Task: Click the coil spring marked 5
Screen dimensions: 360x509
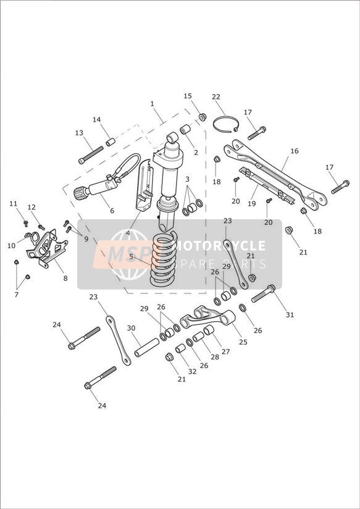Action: (x=163, y=259)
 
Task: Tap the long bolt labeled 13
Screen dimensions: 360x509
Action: (x=91, y=155)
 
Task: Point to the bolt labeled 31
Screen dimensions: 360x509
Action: (x=263, y=293)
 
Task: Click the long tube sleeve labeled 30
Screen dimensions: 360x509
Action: (x=147, y=347)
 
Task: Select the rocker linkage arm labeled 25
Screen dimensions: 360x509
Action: (x=207, y=318)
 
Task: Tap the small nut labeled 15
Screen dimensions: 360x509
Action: (x=203, y=117)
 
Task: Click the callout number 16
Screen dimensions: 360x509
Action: (x=295, y=151)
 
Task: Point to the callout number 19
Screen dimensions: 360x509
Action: (x=251, y=203)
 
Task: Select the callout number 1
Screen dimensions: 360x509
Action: (x=152, y=104)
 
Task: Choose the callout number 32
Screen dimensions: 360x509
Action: (x=192, y=371)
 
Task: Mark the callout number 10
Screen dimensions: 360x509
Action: (x=11, y=246)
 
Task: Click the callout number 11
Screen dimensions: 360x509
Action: (x=13, y=203)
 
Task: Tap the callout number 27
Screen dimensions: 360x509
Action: (x=225, y=351)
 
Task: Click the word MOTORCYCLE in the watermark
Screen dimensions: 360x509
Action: (x=220, y=246)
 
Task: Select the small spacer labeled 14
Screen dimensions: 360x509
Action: (x=111, y=142)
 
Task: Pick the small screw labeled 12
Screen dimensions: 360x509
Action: (x=41, y=227)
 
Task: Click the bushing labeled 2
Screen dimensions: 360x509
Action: (x=185, y=129)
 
